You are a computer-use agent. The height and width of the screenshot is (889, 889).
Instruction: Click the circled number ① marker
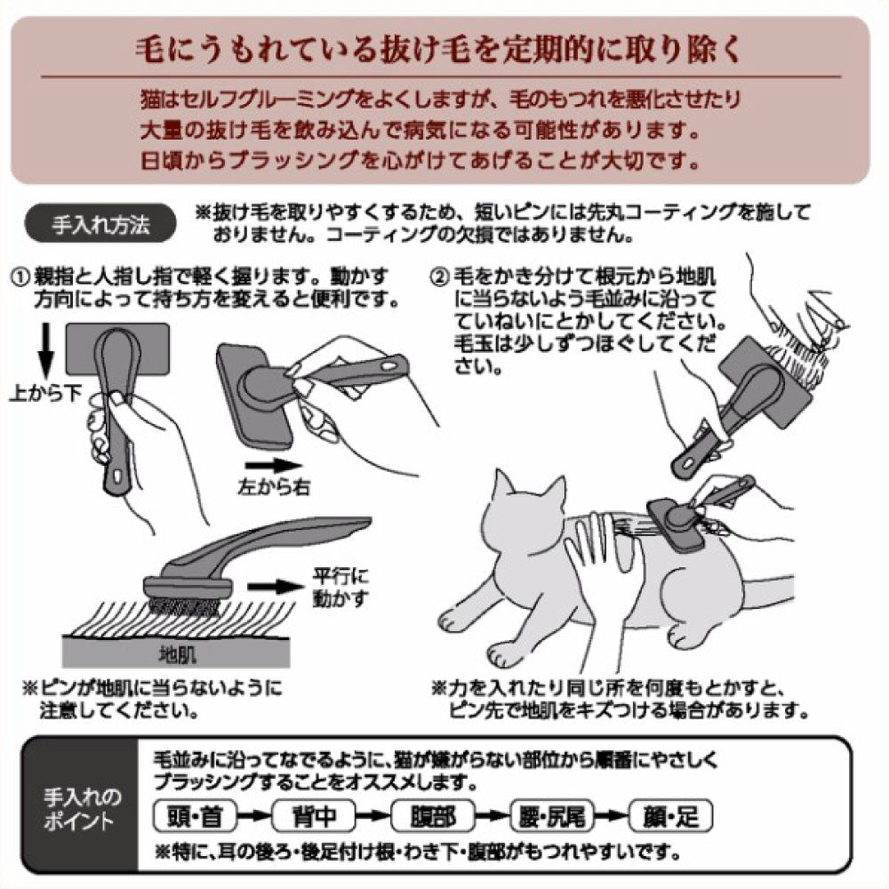click(x=20, y=277)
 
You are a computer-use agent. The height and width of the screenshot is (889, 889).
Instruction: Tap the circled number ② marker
click(x=438, y=277)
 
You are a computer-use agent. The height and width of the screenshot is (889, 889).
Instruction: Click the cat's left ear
click(x=503, y=487)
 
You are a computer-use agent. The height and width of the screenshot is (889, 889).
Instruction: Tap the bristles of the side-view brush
click(x=181, y=607)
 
